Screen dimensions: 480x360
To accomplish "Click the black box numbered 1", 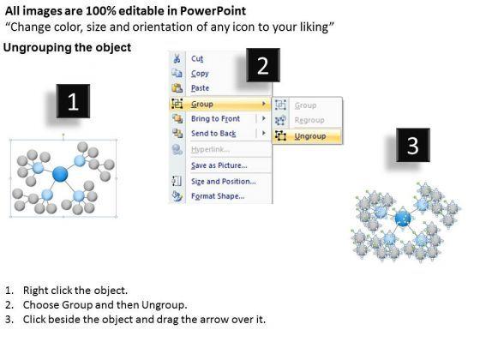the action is click(73, 101).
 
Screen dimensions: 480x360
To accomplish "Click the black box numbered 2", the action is click(263, 65).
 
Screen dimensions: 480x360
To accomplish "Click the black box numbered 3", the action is click(413, 145).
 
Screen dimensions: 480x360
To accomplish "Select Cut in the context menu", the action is click(197, 58).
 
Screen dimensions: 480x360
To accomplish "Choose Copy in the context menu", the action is click(200, 74).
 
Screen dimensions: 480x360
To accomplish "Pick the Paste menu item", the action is click(201, 88).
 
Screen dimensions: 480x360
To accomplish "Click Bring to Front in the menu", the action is click(215, 118).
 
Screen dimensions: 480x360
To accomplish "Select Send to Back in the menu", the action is click(213, 134).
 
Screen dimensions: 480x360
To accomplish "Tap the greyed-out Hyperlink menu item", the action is click(210, 149).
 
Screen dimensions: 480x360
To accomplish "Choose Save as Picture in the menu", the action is click(219, 165).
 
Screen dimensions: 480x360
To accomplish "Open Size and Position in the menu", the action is click(224, 181).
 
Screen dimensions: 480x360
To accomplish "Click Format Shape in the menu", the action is click(218, 196).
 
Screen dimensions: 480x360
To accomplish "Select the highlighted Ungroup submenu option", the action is click(310, 136).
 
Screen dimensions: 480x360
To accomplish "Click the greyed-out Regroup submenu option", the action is click(309, 120).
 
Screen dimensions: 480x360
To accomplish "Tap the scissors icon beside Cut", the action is click(177, 58).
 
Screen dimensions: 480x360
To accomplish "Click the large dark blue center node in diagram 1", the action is click(60, 174).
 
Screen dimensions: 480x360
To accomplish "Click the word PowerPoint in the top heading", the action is click(213, 11).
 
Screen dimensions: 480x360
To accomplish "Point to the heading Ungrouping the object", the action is click(68, 47).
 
